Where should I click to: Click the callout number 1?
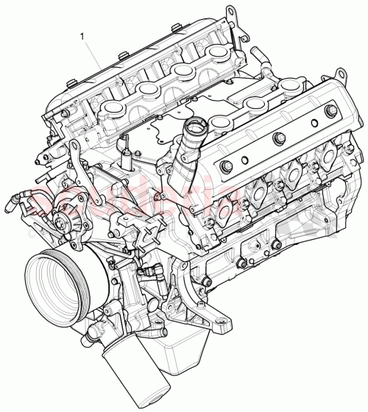(x=83, y=34)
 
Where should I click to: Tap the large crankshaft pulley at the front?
(x=55, y=283)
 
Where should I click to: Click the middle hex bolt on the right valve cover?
(x=278, y=139)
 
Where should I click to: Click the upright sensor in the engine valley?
(x=127, y=158)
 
